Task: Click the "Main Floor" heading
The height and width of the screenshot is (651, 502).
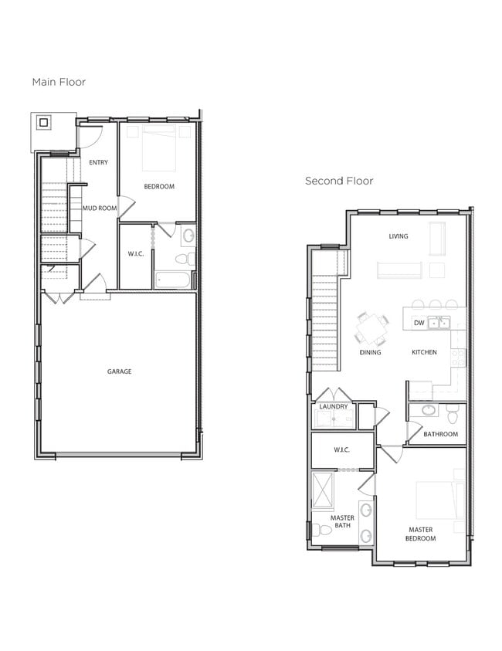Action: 59,82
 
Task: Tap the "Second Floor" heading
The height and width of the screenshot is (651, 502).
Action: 339,181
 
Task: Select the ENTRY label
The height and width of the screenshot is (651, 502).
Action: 98,162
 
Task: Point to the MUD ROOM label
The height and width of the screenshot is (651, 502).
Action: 100,208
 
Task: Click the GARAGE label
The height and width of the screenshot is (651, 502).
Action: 119,371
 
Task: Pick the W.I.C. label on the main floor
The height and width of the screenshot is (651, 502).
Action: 136,254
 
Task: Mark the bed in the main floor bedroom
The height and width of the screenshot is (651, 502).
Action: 159,149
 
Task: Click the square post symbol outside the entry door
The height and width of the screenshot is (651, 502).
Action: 44,122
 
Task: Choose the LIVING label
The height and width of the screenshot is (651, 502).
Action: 399,236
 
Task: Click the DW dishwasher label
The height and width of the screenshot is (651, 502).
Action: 419,323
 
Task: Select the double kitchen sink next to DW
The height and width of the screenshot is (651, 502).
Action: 439,323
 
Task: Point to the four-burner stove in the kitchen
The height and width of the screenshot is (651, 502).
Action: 458,357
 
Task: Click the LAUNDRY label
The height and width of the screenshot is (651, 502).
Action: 334,406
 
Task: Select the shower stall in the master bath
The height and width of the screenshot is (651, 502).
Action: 322,490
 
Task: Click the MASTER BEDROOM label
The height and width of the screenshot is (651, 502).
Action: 421,534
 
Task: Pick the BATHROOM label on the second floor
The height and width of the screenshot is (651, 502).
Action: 440,434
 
